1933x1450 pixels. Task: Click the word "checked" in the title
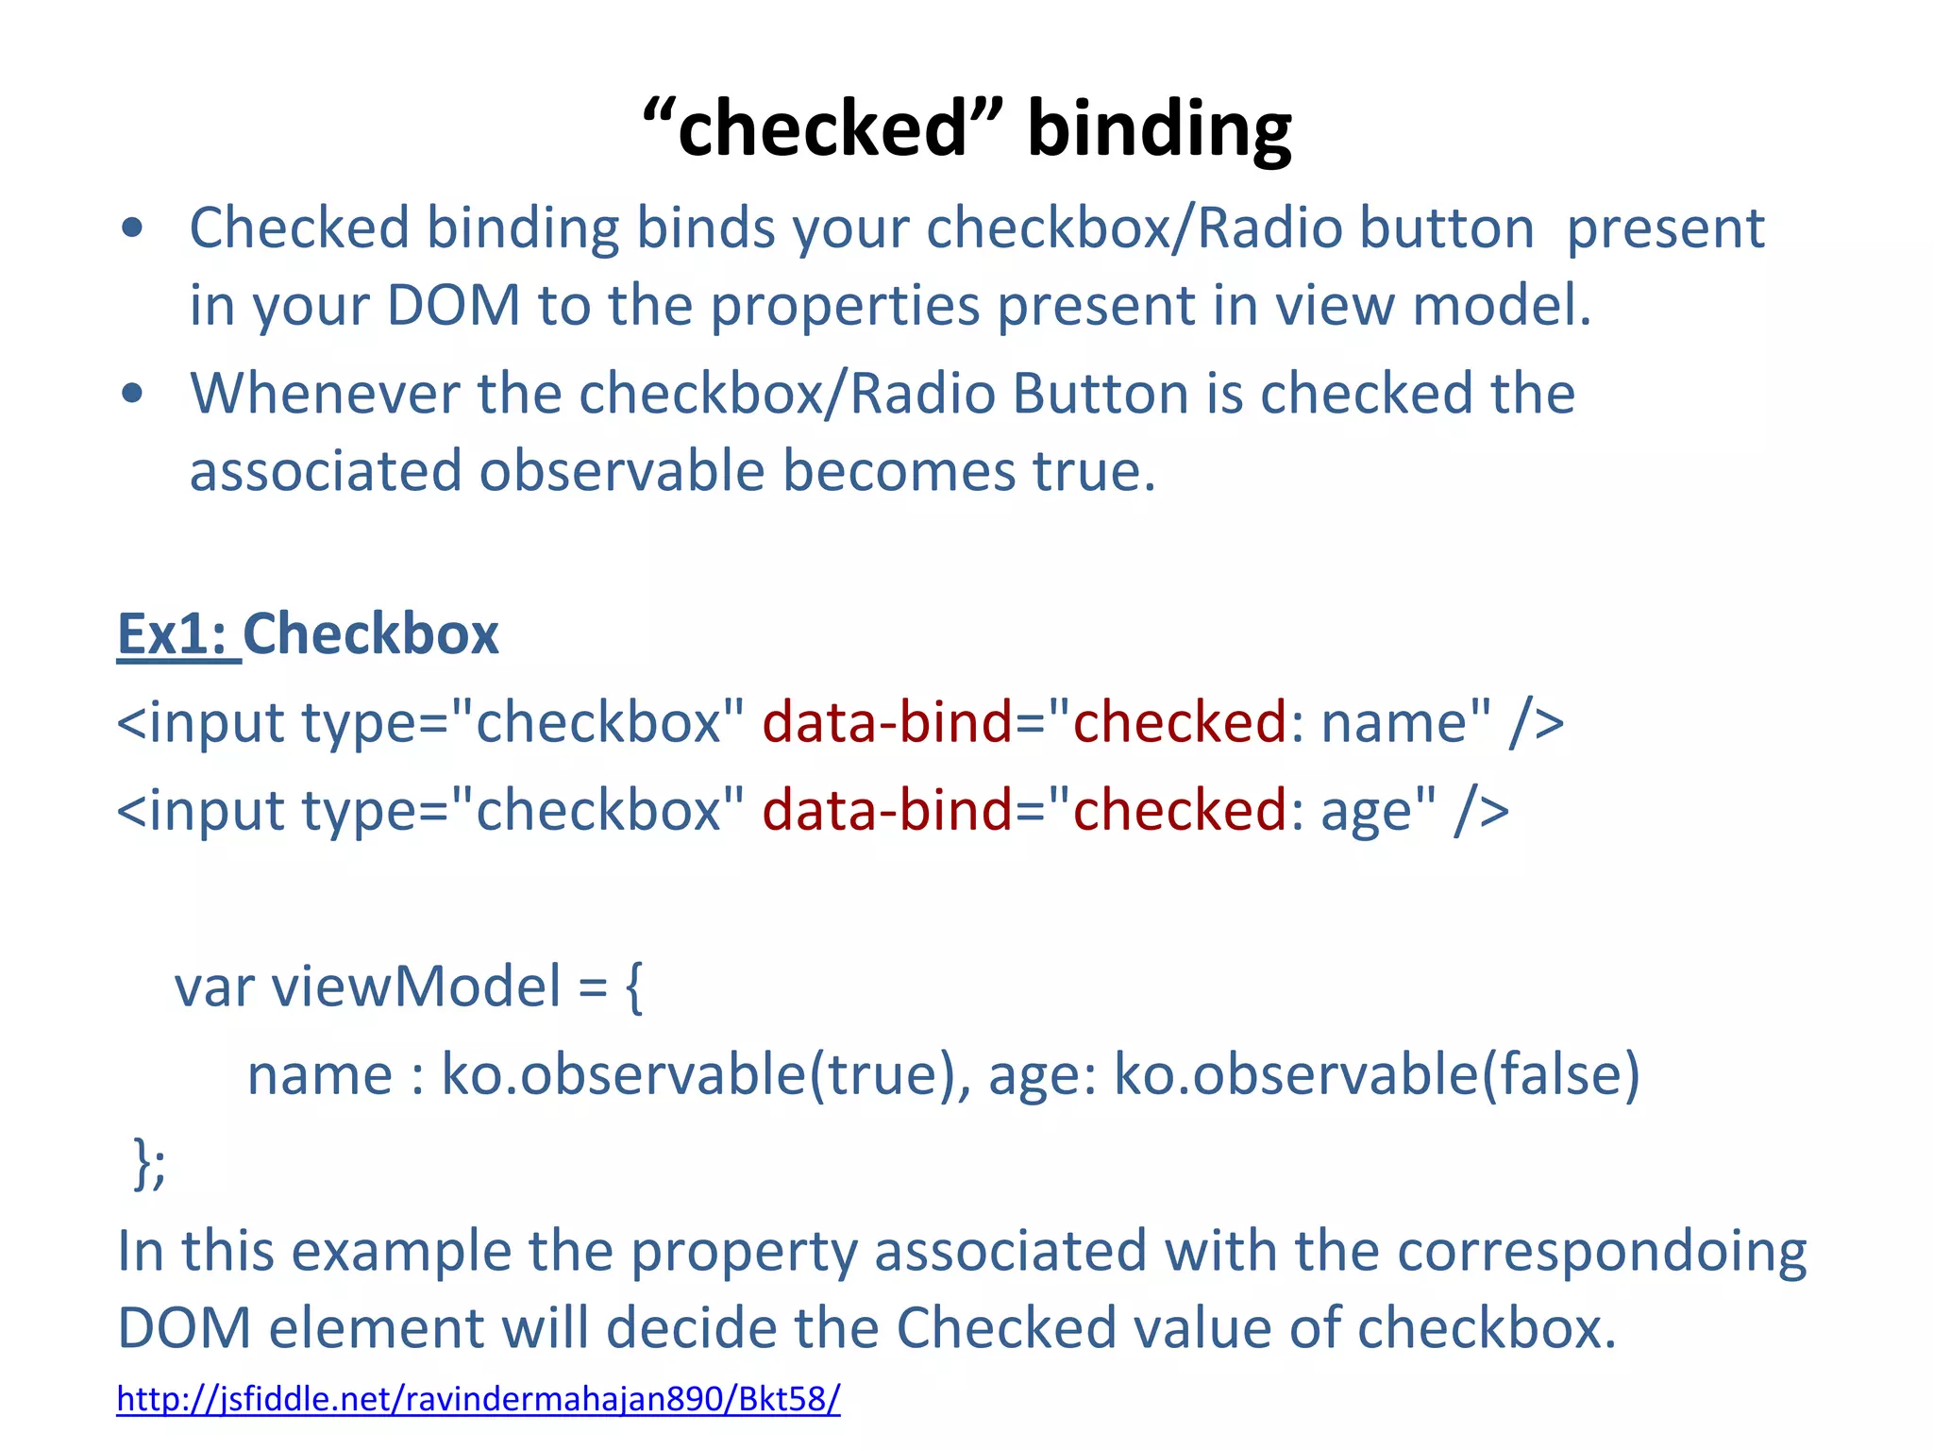821,129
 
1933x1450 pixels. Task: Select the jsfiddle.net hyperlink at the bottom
478,1398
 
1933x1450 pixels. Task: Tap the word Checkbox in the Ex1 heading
371,633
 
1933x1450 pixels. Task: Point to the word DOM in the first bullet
454,306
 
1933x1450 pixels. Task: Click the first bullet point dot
132,228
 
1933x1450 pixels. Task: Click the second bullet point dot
132,393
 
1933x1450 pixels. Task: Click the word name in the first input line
1394,723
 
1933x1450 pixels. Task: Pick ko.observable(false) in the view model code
1377,1074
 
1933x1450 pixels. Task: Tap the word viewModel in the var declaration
416,987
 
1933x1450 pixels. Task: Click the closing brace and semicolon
149,1163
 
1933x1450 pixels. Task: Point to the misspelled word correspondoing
1601,1252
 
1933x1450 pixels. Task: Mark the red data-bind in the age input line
887,811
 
